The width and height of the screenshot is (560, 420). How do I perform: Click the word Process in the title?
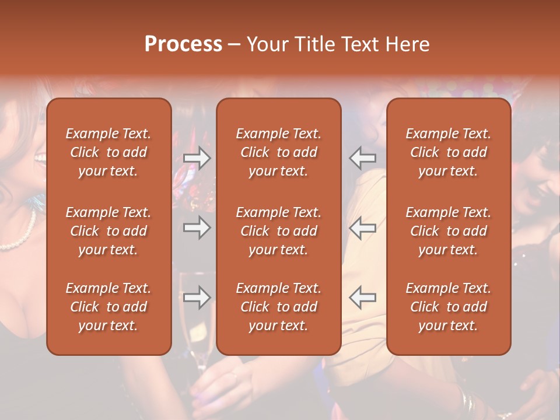(183, 44)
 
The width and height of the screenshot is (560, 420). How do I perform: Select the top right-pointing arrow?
(197, 158)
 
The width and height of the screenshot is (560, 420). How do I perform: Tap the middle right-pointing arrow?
(197, 228)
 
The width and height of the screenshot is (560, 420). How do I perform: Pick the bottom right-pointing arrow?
(197, 297)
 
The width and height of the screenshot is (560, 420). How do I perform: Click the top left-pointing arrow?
(363, 158)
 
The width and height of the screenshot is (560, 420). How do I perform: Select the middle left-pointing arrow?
(363, 228)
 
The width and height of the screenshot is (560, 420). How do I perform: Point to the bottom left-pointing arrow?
(363, 297)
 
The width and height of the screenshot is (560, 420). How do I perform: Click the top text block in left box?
(108, 152)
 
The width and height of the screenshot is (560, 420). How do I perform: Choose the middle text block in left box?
(108, 231)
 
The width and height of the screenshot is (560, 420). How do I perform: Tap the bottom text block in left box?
(108, 307)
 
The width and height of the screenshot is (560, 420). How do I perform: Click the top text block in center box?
(278, 152)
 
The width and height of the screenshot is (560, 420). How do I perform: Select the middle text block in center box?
(278, 231)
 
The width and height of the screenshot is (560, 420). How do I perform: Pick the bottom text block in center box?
(278, 307)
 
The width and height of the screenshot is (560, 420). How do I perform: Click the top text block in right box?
(449, 152)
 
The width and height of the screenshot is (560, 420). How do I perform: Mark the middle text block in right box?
(449, 231)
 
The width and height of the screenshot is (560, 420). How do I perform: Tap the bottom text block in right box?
(449, 307)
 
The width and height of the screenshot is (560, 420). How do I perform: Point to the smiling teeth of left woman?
(40, 158)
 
